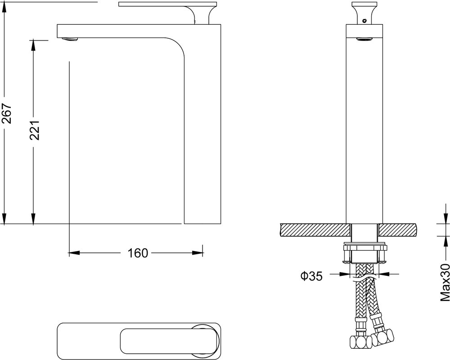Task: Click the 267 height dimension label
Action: click(7, 114)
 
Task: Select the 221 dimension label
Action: click(35, 130)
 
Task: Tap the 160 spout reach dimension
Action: click(138, 253)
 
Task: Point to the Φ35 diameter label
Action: click(312, 276)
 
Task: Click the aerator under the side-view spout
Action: click(70, 39)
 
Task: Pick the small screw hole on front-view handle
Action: click(364, 21)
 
